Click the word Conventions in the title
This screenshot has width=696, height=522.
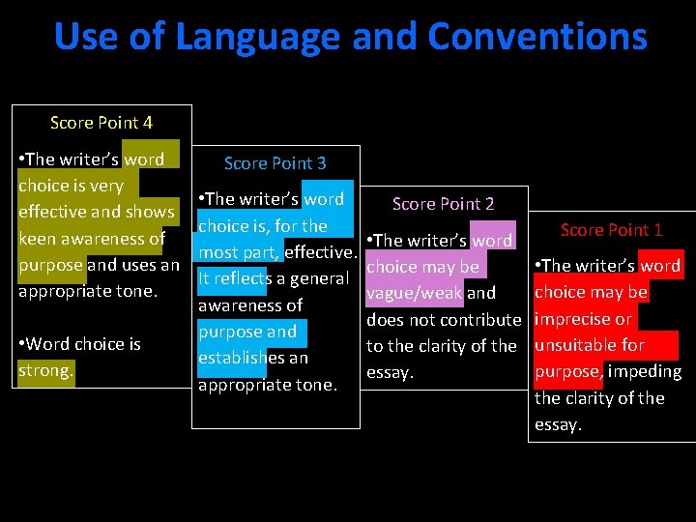coord(537,37)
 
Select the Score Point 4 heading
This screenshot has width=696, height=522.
coord(101,123)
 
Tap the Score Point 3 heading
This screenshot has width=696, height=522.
coord(275,163)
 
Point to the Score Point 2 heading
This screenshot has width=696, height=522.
coord(444,204)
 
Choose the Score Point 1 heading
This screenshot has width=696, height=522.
coord(611,230)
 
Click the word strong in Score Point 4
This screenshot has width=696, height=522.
coord(45,370)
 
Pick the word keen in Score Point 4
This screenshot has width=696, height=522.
coord(40,238)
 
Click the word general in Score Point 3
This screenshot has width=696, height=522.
coord(315,278)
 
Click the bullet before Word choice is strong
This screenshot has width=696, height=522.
coord(22,344)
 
